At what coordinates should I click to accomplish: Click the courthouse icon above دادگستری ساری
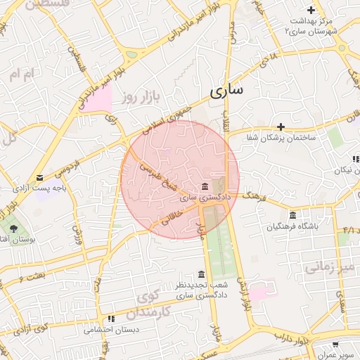205,186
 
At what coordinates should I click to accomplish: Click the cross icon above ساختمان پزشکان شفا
281,127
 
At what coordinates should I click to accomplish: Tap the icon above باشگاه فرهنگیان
292,215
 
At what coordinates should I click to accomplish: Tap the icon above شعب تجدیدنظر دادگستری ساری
202,274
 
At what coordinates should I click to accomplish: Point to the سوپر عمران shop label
336,356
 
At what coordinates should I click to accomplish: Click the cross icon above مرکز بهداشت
311,10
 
